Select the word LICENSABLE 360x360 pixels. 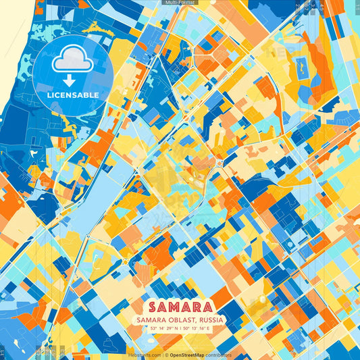(72, 95)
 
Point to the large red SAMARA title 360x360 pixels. (180, 306)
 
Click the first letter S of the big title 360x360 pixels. (149, 306)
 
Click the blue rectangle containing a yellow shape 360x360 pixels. (301, 66)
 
